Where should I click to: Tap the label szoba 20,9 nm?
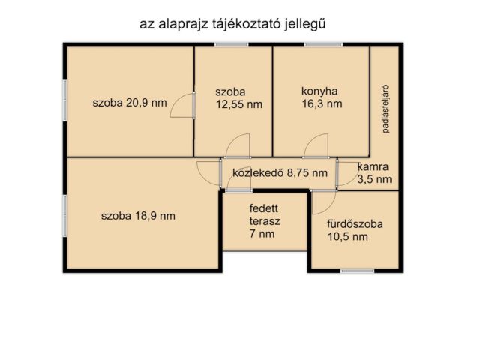130,103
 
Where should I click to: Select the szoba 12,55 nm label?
238,98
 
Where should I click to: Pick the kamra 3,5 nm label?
373,173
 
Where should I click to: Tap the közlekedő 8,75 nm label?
280,173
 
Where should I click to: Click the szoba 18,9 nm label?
138,216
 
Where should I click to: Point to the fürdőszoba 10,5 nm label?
355,230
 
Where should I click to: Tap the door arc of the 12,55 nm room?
236,146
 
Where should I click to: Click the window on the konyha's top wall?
322,45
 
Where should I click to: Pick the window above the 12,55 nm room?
231,45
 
